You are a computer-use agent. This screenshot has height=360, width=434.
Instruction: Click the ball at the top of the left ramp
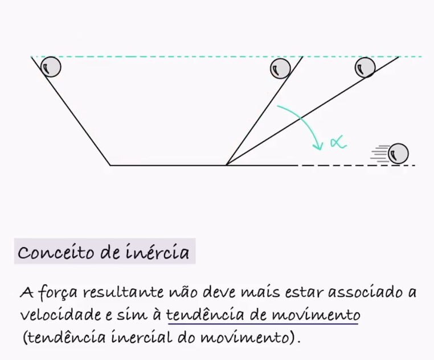(51, 67)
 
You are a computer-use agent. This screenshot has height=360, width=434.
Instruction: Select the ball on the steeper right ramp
(280, 68)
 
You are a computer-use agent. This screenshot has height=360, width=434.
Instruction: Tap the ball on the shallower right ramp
(365, 68)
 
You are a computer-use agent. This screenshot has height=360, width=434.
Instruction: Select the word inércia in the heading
(161, 252)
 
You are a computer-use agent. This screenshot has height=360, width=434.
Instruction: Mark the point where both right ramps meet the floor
(227, 165)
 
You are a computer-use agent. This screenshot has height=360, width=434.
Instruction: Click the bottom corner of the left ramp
(110, 165)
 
